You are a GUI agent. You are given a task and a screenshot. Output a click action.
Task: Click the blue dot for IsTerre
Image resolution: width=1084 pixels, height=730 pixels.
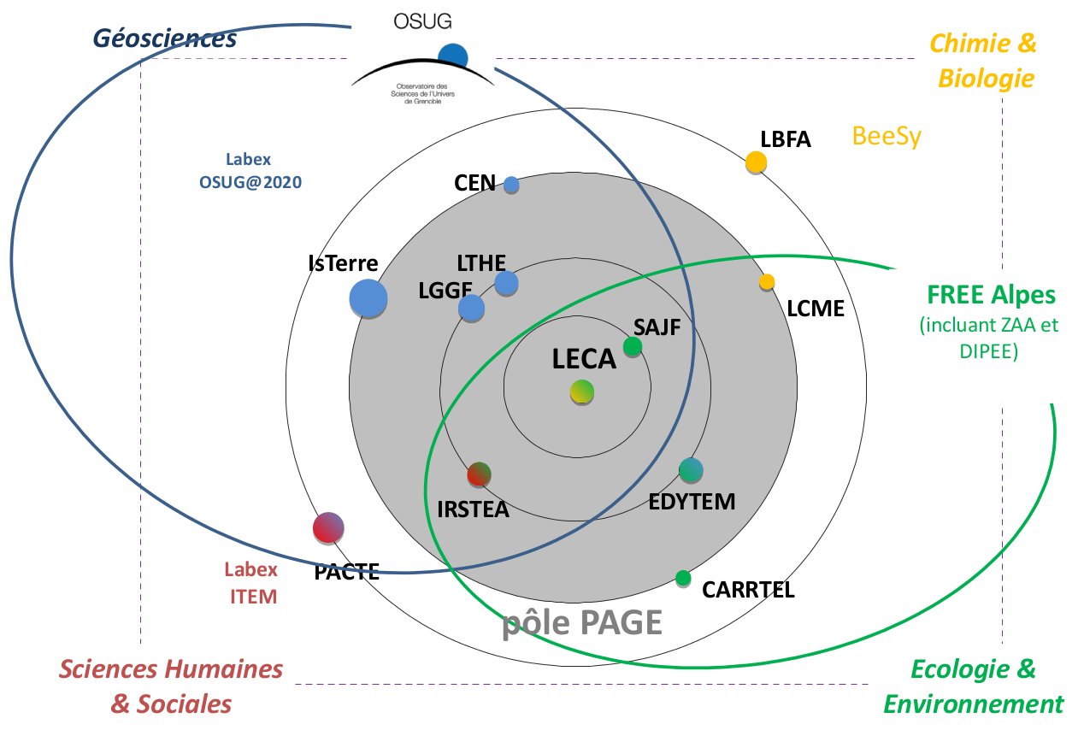[368, 299]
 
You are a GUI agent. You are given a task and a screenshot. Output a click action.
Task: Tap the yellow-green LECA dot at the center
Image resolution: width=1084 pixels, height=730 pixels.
[582, 391]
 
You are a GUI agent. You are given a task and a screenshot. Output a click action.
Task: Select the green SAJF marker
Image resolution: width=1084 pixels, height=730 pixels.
[633, 346]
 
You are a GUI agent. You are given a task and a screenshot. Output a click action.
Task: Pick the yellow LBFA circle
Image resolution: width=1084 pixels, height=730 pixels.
[756, 162]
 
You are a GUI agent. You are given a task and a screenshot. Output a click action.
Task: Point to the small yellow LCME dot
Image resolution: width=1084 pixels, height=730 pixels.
[767, 281]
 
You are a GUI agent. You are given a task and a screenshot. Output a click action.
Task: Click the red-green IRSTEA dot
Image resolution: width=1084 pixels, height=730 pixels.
[480, 474]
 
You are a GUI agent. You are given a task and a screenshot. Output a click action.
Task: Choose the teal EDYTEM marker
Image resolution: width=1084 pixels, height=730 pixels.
[691, 469]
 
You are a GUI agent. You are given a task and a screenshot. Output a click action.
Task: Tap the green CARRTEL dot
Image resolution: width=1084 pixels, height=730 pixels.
[683, 578]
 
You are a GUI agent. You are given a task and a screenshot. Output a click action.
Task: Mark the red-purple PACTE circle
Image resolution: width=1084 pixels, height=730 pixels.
[328, 527]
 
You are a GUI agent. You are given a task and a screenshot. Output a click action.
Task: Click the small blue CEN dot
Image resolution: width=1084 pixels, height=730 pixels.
[511, 184]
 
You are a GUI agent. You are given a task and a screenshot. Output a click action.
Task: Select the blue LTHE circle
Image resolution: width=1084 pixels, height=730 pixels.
[506, 283]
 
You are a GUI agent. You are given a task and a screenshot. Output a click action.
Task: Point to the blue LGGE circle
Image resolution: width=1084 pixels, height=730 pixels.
[471, 308]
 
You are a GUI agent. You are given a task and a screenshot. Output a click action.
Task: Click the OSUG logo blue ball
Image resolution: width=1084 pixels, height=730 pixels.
[453, 56]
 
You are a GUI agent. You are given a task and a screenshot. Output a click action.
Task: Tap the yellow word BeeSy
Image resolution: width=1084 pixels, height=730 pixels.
[887, 137]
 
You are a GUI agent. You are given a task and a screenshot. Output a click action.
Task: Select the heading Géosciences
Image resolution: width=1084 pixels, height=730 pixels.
[164, 38]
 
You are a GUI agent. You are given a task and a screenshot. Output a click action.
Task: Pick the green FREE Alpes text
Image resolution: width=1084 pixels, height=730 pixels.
[992, 296]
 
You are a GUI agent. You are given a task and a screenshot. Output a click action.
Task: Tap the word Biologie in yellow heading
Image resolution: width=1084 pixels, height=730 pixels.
[987, 79]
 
